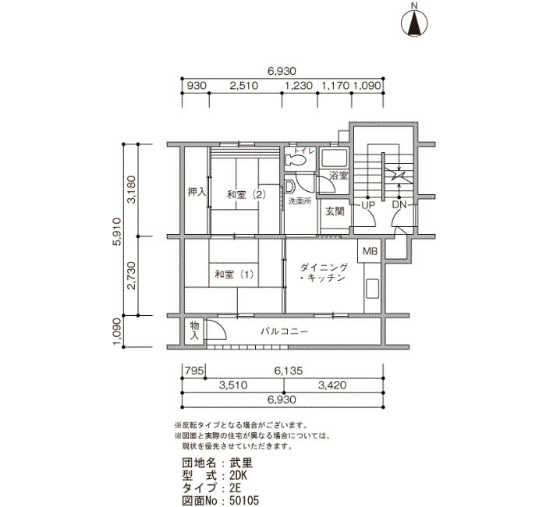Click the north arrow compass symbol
[x=414, y=23]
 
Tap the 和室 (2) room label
[x=246, y=194]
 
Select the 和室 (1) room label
[x=234, y=275]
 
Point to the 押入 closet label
[x=197, y=192]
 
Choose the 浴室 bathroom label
[x=339, y=175]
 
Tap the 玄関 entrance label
[x=335, y=211]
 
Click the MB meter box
[x=370, y=251]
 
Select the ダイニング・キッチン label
[x=323, y=272]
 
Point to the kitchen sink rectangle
[x=372, y=289]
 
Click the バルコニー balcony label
[x=285, y=331]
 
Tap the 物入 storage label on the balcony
[x=194, y=331]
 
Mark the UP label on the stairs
[x=368, y=205]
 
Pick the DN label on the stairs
[x=399, y=204]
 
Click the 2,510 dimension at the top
[x=243, y=86]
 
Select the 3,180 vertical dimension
[x=132, y=190]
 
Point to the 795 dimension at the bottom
[x=194, y=370]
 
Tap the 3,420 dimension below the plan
[x=332, y=385]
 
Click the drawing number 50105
[x=244, y=501]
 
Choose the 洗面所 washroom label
[x=300, y=201]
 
